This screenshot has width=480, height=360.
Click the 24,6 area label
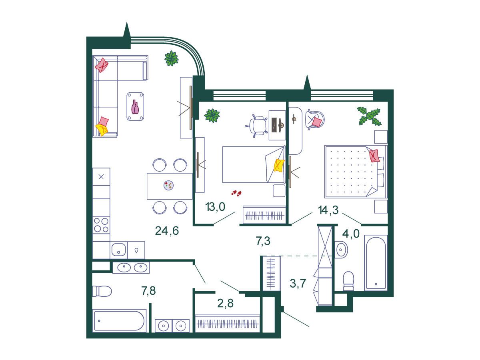click(167, 231)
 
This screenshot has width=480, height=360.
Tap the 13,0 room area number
click(215, 206)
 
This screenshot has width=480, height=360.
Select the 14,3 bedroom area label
click(328, 210)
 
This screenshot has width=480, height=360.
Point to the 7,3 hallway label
click(263, 241)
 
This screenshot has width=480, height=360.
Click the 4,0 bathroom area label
click(351, 234)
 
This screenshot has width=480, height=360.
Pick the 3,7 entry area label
click(298, 284)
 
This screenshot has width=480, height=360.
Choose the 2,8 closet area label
click(225, 303)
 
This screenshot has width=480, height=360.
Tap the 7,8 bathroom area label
click(148, 291)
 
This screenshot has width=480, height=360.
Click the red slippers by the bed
click(236, 193)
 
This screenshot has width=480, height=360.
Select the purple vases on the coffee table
click(135, 107)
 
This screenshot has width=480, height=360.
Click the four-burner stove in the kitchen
click(101, 225)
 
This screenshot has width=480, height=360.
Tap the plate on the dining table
click(168, 185)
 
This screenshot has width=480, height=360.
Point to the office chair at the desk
click(256, 126)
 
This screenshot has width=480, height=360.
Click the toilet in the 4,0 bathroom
click(348, 281)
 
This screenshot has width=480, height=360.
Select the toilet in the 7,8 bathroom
click(102, 291)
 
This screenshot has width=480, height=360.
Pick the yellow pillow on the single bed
click(279, 165)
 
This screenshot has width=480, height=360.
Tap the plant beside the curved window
click(172, 58)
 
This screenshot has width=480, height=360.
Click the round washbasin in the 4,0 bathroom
click(341, 250)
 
